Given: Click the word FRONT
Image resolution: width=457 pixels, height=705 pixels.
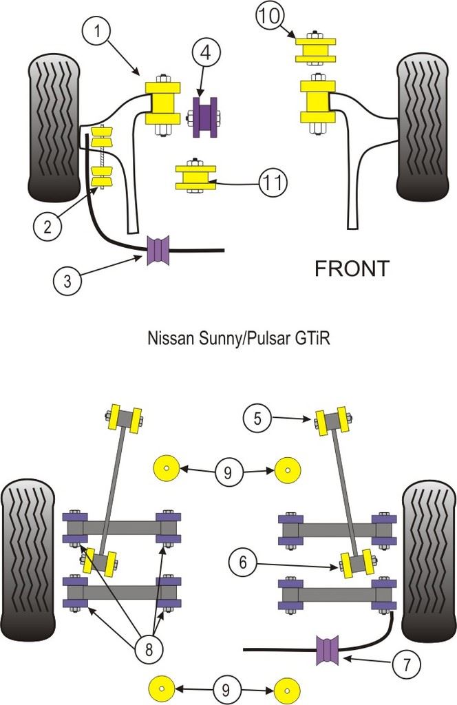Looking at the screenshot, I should (351, 269).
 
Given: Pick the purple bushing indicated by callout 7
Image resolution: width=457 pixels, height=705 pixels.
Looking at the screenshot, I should (328, 651).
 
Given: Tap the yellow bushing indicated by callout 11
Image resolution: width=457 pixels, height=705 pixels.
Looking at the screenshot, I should (192, 178).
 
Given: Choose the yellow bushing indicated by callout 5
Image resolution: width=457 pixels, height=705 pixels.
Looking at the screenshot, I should (332, 421).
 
